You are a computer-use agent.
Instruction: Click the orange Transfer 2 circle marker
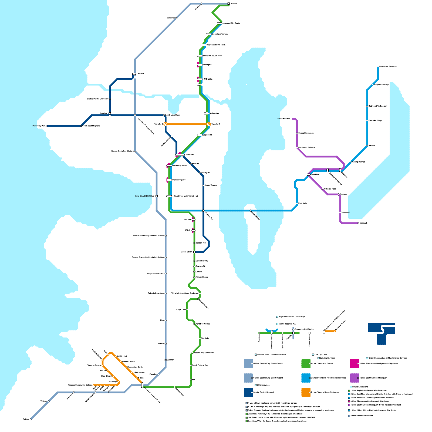(x=166, y=124)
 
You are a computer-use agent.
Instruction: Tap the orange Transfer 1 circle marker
(x=209, y=124)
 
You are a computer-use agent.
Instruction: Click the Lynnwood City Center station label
(x=232, y=23)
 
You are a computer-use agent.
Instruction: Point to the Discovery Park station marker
(x=47, y=126)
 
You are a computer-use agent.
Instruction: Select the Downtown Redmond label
(x=388, y=66)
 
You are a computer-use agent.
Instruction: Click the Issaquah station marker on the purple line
(x=358, y=223)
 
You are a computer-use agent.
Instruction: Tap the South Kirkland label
(x=283, y=119)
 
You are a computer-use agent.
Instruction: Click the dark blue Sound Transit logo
(x=382, y=333)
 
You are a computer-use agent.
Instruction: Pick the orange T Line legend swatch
(x=306, y=392)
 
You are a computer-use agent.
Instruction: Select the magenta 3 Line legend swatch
(x=355, y=364)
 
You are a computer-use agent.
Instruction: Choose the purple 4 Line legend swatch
(x=355, y=378)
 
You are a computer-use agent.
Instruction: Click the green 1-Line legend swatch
(x=306, y=364)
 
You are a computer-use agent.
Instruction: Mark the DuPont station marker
(x=31, y=419)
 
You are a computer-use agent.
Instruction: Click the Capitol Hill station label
(x=207, y=135)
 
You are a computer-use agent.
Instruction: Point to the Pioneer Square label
(x=179, y=180)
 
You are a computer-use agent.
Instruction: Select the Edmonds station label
(x=171, y=18)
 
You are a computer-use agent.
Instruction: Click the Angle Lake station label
(x=181, y=310)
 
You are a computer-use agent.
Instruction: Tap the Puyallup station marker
(x=158, y=374)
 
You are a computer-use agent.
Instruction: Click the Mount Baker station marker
(x=194, y=252)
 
